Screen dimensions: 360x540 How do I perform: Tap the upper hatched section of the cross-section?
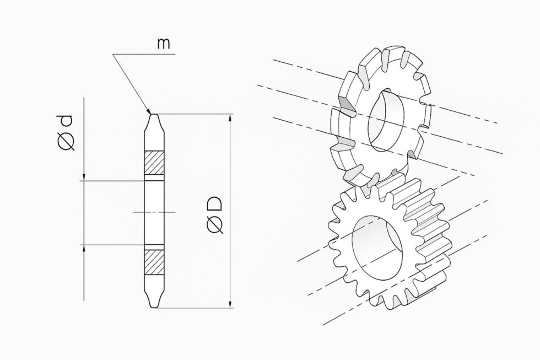[x=154, y=163]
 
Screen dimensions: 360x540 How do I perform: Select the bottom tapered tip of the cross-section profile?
[x=154, y=304]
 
